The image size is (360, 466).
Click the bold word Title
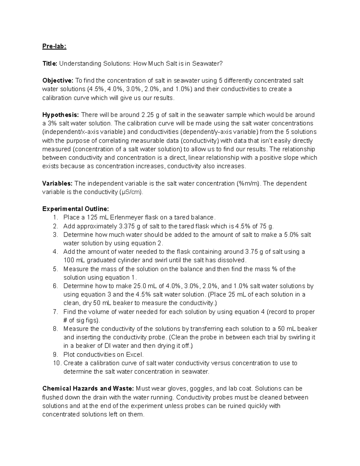point(49,64)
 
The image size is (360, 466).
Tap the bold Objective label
point(58,81)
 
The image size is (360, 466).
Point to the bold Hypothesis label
point(61,115)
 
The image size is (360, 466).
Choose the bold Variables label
point(57,183)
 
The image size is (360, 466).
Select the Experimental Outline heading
point(76,209)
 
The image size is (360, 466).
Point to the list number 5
point(55,269)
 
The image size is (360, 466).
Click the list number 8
point(55,329)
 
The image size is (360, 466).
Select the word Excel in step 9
point(135,355)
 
